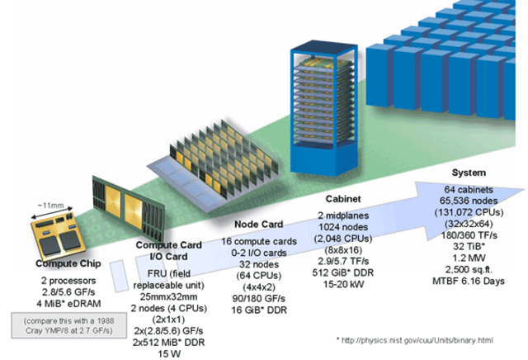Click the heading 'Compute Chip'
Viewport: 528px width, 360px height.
(x=62, y=264)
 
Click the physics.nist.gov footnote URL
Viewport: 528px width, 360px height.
(x=430, y=340)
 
